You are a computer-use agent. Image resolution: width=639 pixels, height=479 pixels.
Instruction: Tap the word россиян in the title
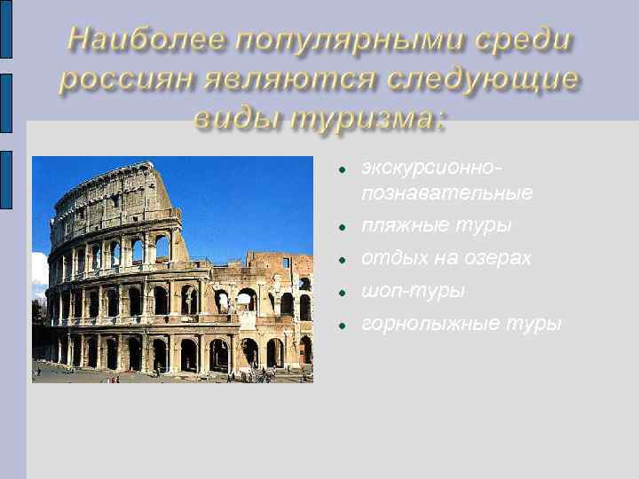(127, 81)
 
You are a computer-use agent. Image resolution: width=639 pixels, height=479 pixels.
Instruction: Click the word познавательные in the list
(446, 192)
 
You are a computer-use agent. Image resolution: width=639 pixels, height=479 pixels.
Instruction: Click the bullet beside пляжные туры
(341, 227)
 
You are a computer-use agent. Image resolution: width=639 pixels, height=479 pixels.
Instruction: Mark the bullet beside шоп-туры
(341, 292)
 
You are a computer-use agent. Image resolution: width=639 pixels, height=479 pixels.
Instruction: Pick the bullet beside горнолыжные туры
(341, 325)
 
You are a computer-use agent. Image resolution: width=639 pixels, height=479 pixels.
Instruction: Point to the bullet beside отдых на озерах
(341, 260)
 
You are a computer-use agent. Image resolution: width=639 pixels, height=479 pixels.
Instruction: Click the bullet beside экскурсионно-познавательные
(341, 168)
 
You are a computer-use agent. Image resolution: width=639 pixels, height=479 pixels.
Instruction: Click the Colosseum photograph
(172, 270)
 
